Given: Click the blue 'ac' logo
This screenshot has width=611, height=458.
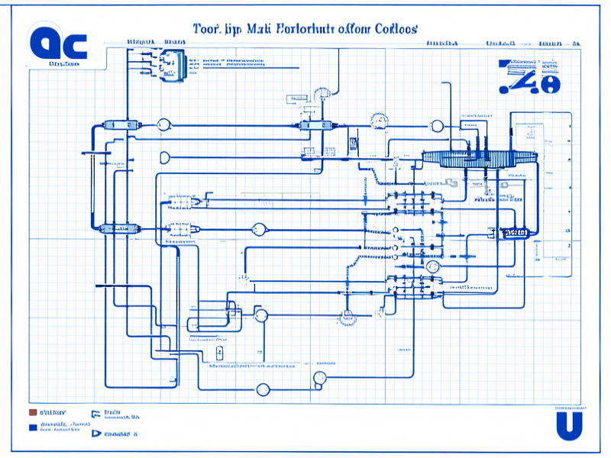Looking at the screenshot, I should tap(58, 44).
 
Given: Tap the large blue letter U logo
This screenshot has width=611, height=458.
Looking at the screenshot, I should tap(568, 426).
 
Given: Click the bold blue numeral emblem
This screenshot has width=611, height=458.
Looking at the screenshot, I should tap(529, 77).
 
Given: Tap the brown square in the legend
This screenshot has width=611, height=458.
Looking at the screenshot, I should tap(32, 412).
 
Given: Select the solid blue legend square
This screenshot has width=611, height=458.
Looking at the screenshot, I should tap(32, 427).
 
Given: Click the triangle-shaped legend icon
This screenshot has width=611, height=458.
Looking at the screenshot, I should tap(96, 434).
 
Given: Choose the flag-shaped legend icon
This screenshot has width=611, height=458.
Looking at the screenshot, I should tap(96, 414).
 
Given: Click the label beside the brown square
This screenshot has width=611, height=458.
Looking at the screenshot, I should tap(53, 412).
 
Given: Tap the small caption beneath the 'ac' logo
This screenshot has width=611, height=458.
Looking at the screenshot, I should tap(64, 65).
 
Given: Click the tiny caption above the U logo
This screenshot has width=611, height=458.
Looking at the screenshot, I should tap(569, 408).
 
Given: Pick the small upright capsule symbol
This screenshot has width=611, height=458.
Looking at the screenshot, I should tap(219, 353).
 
